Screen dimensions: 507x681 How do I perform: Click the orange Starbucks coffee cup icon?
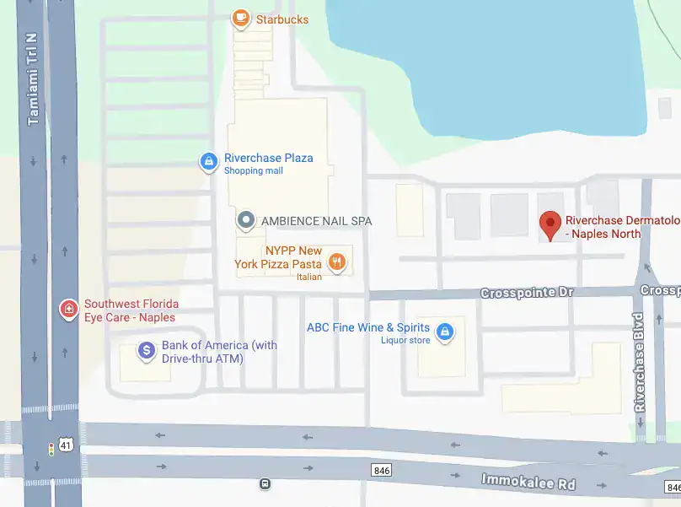point(241,19)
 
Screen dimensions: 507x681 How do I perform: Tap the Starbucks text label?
point(281,19)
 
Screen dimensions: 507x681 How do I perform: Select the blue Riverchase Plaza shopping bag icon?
point(208,160)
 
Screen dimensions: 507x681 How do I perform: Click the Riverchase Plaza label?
point(268,158)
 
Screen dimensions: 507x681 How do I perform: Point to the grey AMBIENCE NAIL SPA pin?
point(246,221)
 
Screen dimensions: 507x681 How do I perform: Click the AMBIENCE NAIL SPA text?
point(316,221)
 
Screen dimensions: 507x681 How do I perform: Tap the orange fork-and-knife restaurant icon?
point(338,261)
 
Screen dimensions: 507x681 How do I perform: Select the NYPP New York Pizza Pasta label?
point(280,257)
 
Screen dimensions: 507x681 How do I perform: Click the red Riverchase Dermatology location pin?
point(550,224)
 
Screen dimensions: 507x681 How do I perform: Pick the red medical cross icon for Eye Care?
point(68,310)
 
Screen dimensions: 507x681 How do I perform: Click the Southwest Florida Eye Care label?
point(131,310)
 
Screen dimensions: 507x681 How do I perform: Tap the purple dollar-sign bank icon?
point(147,350)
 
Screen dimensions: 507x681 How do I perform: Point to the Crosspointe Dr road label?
point(527,293)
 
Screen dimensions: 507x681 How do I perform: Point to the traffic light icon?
point(51,449)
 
